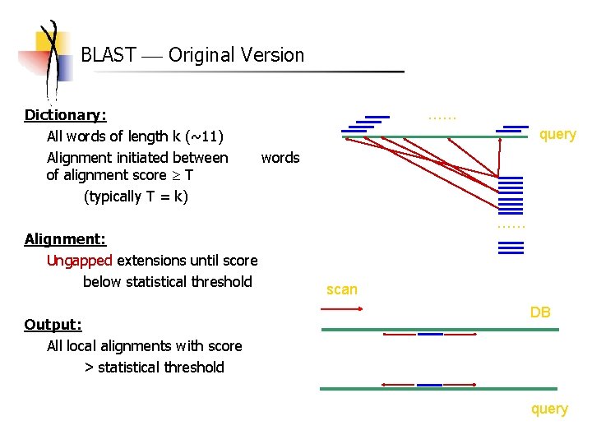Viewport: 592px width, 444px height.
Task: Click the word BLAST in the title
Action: click(x=109, y=55)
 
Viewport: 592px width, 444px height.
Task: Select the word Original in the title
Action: click(x=202, y=55)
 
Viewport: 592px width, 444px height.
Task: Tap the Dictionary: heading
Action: click(x=66, y=114)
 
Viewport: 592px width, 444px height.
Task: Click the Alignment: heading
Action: click(x=65, y=239)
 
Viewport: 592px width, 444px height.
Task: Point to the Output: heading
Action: click(x=53, y=325)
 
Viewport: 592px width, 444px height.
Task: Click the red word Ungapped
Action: click(x=80, y=261)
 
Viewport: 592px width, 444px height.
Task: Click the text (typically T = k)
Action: click(x=136, y=197)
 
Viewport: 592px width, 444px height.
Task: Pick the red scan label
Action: click(x=342, y=289)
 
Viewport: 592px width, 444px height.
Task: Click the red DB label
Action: click(x=540, y=312)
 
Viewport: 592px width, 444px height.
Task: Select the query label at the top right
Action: click(x=557, y=134)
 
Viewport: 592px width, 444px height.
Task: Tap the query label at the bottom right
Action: click(x=549, y=409)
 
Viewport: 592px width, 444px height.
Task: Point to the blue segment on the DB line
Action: click(x=430, y=334)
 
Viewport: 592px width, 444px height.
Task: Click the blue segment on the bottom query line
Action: click(x=429, y=385)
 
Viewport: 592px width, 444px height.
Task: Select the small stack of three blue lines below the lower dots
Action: click(x=511, y=247)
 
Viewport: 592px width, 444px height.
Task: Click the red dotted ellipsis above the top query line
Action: click(x=442, y=118)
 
